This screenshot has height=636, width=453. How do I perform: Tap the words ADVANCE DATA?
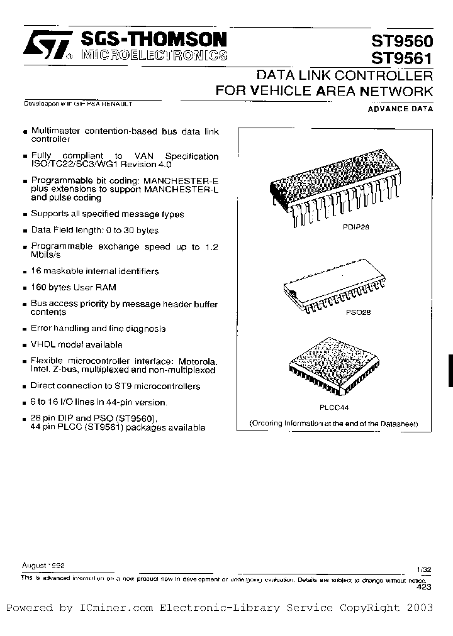coord(401,109)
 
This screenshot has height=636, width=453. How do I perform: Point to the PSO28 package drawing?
coord(333,292)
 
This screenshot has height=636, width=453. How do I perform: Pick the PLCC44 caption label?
coord(333,407)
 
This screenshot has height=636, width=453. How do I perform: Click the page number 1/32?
coord(424,569)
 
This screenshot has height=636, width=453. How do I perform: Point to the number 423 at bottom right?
coord(424,586)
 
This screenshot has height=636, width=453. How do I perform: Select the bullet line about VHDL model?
coord(77,345)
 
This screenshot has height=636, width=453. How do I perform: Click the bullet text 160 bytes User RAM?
coord(73,287)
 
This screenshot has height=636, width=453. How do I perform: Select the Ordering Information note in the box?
coord(333,423)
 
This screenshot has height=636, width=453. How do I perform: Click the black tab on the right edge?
coord(449,371)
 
